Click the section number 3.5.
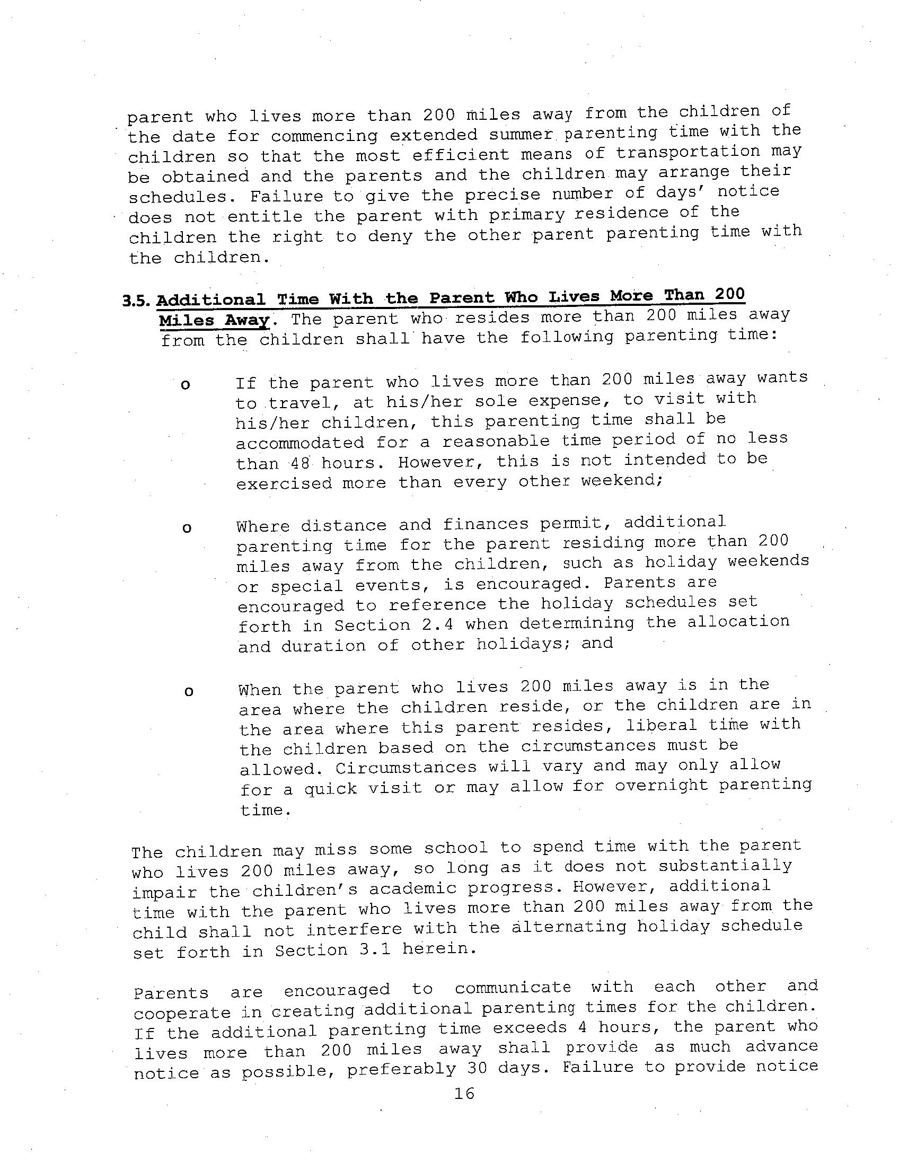137,301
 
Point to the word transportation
688,152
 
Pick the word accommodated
299,442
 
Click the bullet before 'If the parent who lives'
186,385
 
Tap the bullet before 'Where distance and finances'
186,529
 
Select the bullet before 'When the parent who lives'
188,692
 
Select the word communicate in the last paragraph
512,988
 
